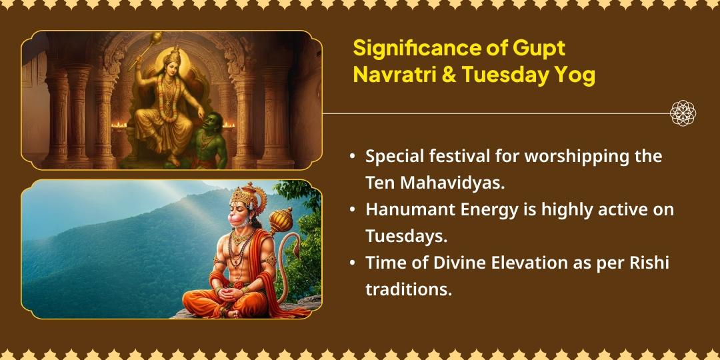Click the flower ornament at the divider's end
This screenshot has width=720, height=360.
[x=683, y=113]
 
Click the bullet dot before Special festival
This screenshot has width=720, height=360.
[x=352, y=157]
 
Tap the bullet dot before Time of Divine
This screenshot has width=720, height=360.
[x=352, y=263]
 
